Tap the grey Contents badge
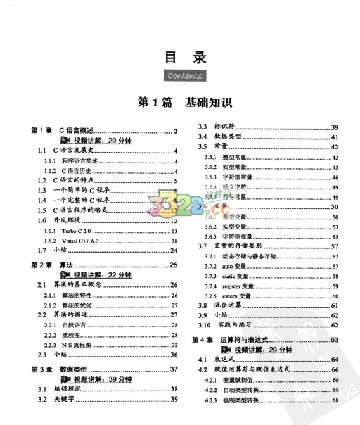[186, 75]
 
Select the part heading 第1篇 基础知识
[186, 102]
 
